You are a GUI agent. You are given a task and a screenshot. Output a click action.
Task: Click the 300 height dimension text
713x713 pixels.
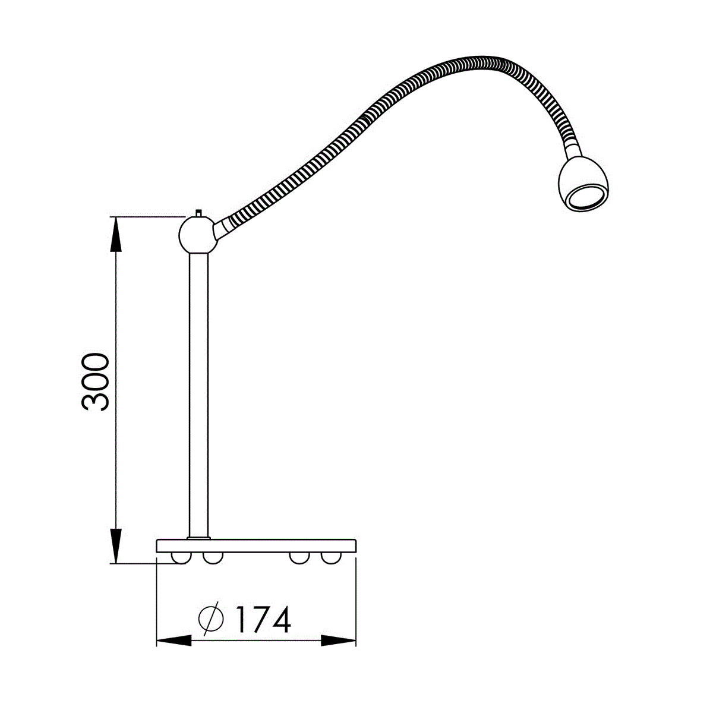point(96,382)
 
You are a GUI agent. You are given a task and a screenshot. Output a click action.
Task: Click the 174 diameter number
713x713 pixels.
point(263,619)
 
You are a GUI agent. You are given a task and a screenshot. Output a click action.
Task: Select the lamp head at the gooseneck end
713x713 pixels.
point(583,183)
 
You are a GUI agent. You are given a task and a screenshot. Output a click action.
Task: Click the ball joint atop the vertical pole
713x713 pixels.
point(197,235)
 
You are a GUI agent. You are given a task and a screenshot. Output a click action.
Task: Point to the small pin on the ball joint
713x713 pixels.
point(198,213)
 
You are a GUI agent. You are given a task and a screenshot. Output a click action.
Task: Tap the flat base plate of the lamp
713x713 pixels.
point(256,546)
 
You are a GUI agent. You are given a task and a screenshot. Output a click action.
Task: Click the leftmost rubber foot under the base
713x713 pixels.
point(181,558)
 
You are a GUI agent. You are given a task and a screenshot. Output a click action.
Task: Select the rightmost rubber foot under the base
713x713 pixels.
point(331,558)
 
